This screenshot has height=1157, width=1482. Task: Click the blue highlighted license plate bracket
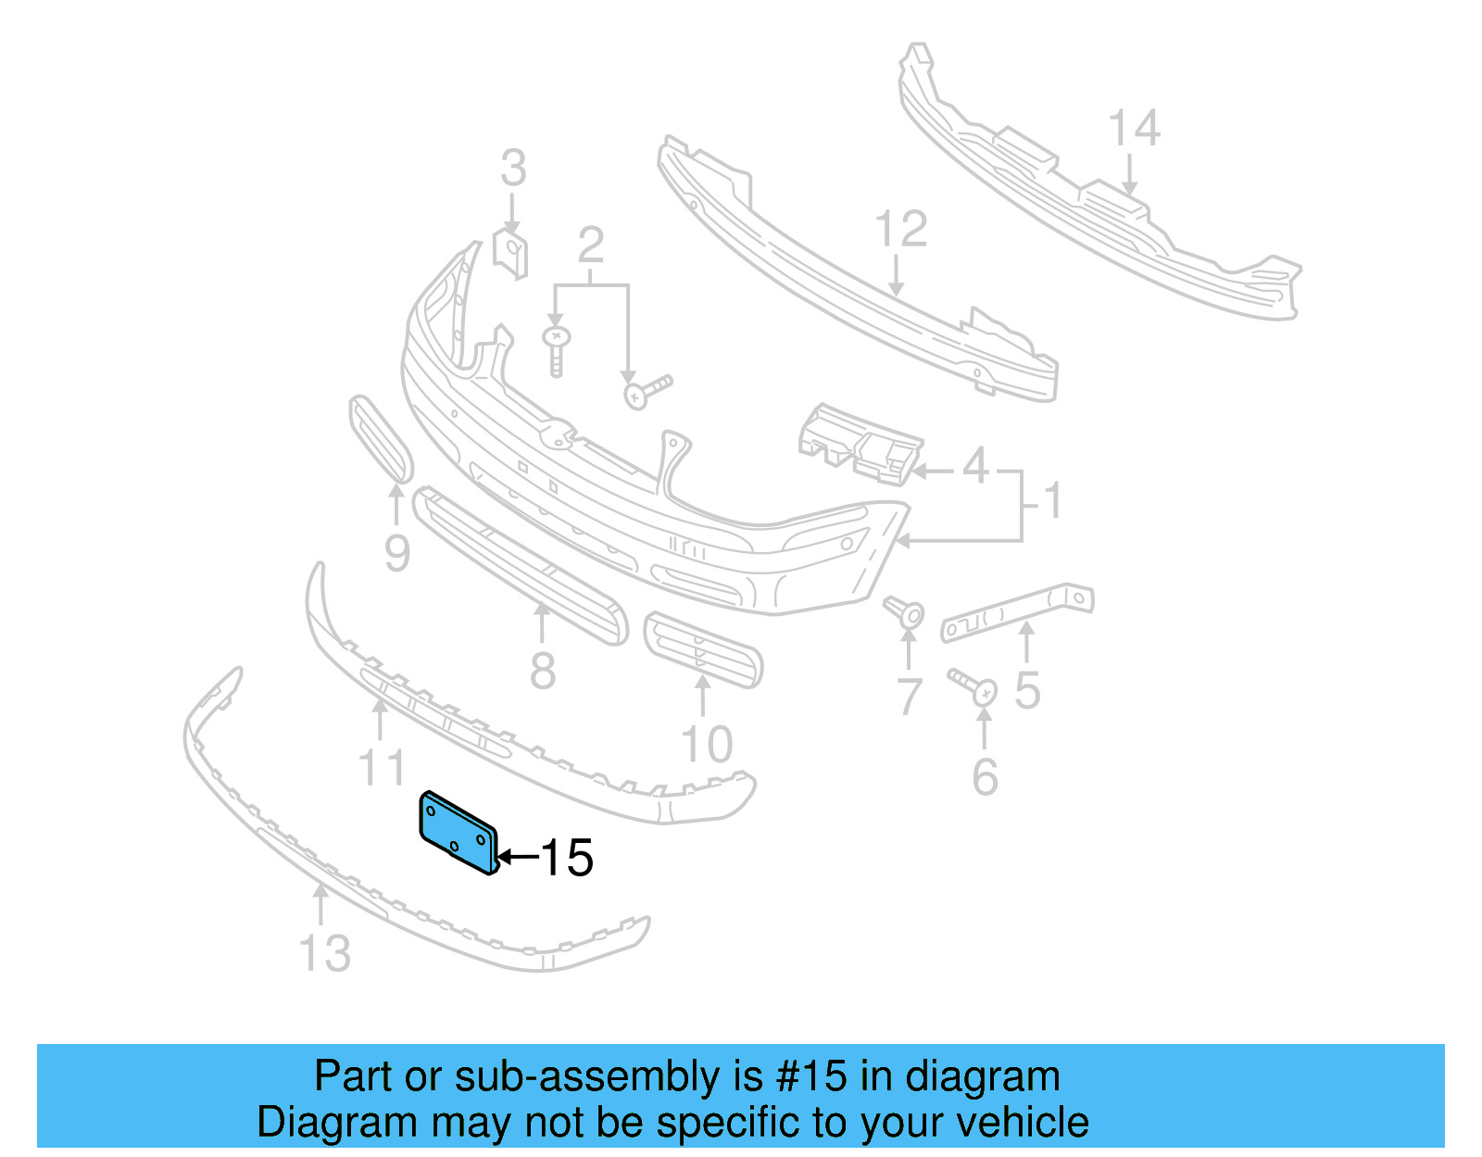click(x=458, y=832)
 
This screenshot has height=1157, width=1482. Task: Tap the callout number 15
click(x=566, y=858)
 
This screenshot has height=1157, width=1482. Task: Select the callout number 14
click(x=1134, y=129)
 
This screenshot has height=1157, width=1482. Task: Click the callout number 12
click(x=900, y=230)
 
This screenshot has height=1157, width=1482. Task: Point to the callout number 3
click(x=513, y=169)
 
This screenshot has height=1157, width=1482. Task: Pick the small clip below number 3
click(x=511, y=253)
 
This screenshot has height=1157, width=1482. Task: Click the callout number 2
click(x=591, y=246)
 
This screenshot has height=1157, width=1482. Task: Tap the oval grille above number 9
click(x=380, y=439)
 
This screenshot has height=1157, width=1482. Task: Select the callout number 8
click(x=543, y=670)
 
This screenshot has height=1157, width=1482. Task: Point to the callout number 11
click(x=382, y=768)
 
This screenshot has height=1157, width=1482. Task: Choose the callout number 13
click(x=325, y=953)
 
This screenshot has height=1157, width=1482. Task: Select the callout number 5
click(x=1027, y=690)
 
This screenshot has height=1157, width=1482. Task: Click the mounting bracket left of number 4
click(x=861, y=444)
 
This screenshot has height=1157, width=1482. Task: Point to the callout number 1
click(x=1052, y=501)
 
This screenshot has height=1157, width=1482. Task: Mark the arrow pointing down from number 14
click(x=1129, y=176)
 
